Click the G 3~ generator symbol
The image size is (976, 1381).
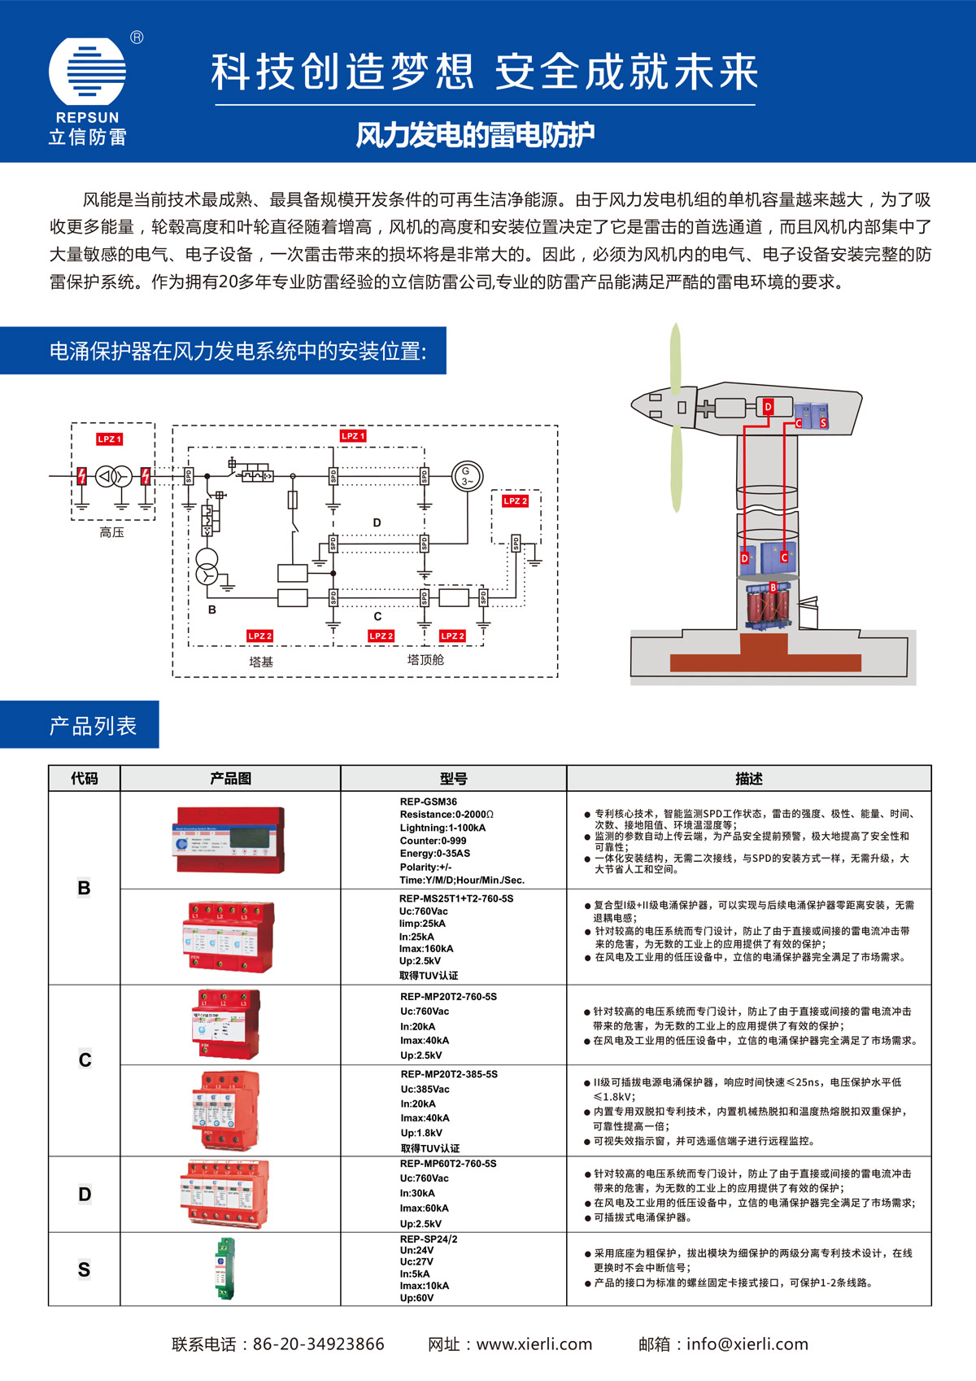click(x=467, y=475)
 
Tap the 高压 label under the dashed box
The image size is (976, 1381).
click(x=111, y=532)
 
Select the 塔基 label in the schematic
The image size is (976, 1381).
click(x=261, y=662)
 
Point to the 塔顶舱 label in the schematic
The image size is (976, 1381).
click(x=425, y=659)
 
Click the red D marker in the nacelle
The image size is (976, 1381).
click(x=768, y=407)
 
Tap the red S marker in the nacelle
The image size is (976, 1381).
click(x=823, y=423)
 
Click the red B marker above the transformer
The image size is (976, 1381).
click(x=773, y=588)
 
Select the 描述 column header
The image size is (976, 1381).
click(x=748, y=779)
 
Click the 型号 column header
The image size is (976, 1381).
click(x=453, y=779)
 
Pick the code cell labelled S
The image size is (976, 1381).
click(x=84, y=1270)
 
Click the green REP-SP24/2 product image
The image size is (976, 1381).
click(x=225, y=1269)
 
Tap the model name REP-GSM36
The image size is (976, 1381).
click(x=429, y=802)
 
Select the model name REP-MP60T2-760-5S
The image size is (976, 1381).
click(x=448, y=1164)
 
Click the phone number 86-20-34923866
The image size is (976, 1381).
click(x=318, y=1344)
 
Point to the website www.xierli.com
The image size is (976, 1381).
click(x=534, y=1344)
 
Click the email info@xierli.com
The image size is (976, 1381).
click(x=747, y=1344)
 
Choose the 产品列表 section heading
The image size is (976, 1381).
click(x=93, y=725)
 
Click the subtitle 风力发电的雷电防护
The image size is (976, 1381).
click(x=475, y=135)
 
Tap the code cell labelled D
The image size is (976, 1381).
click(x=84, y=1194)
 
